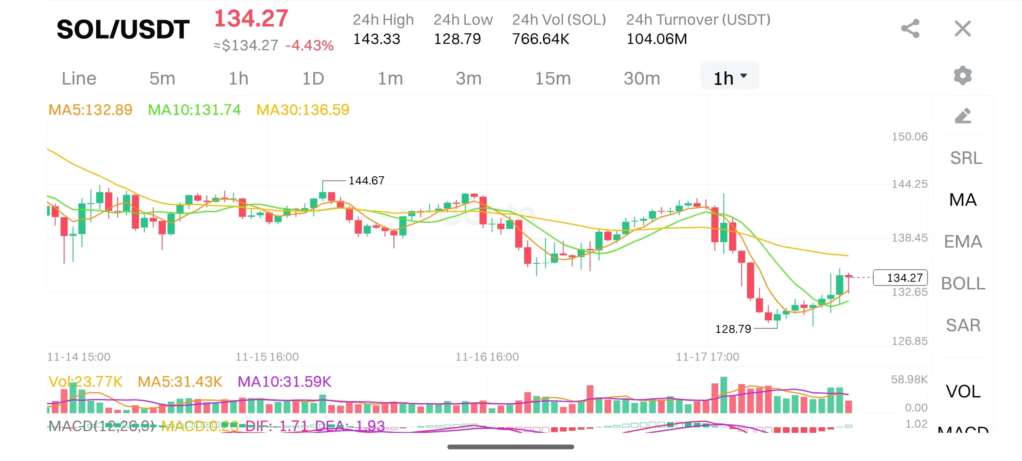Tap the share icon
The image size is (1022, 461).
click(x=910, y=29)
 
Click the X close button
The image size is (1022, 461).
click(x=963, y=29)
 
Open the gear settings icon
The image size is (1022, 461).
click(x=963, y=76)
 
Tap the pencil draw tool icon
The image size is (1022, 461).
click(x=963, y=116)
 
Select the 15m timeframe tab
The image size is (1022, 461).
click(x=553, y=79)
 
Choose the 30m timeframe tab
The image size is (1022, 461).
click(x=642, y=79)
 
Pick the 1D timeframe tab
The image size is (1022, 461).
click(x=313, y=79)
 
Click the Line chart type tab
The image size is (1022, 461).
click(x=79, y=79)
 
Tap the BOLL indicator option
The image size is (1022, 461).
click(x=963, y=283)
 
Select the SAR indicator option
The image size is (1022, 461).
click(x=963, y=325)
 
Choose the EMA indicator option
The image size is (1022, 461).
click(x=963, y=242)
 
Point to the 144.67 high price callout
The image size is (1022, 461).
click(x=366, y=181)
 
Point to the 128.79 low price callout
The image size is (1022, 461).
click(x=733, y=329)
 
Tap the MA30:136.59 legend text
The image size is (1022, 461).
click(x=302, y=110)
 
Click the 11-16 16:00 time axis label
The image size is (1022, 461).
click(x=487, y=357)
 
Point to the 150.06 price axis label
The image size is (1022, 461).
click(x=910, y=137)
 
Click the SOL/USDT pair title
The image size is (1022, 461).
click(x=123, y=29)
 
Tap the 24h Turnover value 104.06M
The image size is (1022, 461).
click(x=657, y=39)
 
